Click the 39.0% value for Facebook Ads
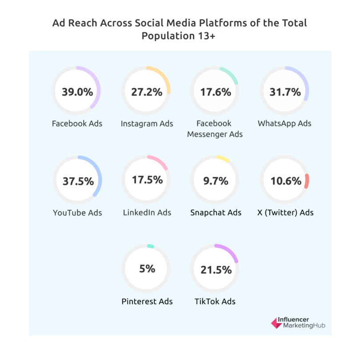[x=77, y=92]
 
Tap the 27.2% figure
[x=146, y=92]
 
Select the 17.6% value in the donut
[x=215, y=92]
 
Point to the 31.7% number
[x=285, y=92]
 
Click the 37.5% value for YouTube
[x=78, y=182]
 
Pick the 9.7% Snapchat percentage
[x=215, y=181]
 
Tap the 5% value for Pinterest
[x=147, y=269]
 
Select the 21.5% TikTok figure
[x=215, y=270]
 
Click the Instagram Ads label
[x=147, y=124]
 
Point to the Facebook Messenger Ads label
[x=215, y=129]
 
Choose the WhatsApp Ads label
[x=284, y=123]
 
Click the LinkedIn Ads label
[x=147, y=213]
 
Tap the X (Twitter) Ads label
[x=285, y=213]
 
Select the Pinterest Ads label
[x=147, y=301]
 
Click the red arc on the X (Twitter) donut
[x=307, y=181]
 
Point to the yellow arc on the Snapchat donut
[x=223, y=159]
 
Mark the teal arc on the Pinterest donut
[x=151, y=246]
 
